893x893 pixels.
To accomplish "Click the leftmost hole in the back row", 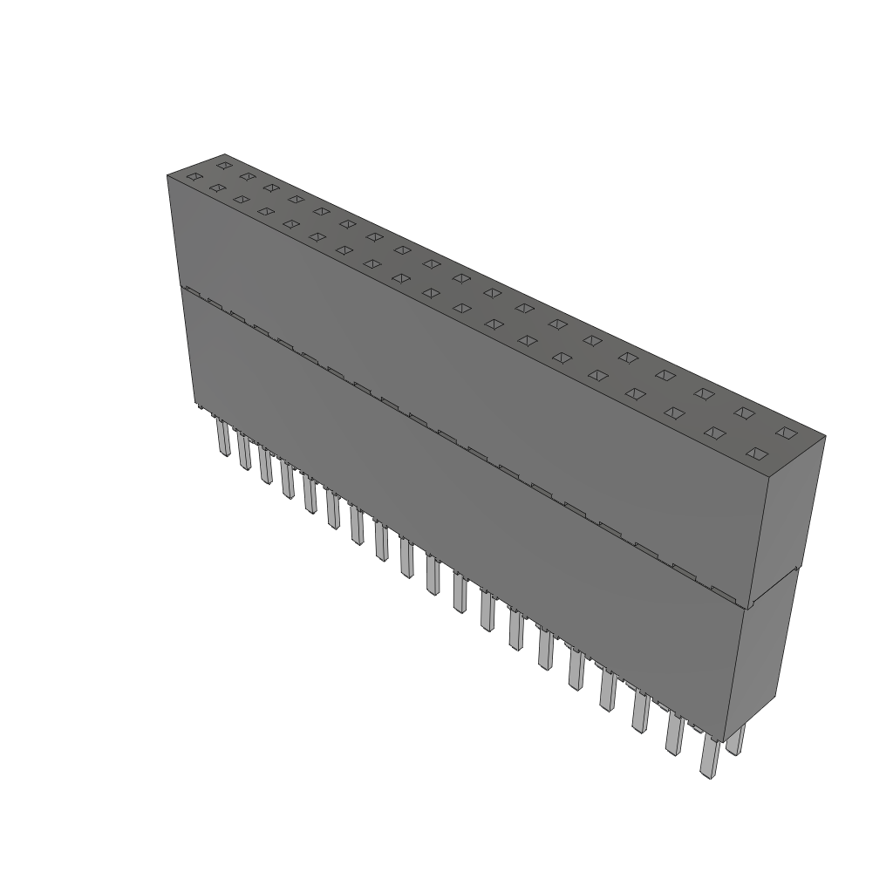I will tap(224, 165).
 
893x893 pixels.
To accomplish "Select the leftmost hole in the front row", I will tap(194, 178).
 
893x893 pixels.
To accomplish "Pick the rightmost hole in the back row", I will tap(787, 433).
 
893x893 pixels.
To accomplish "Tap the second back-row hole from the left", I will tap(248, 176).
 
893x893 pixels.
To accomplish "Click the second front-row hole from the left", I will tap(217, 188).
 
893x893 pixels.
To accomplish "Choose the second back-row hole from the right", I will tap(743, 412).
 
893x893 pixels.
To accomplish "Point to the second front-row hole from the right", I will tap(715, 432).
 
